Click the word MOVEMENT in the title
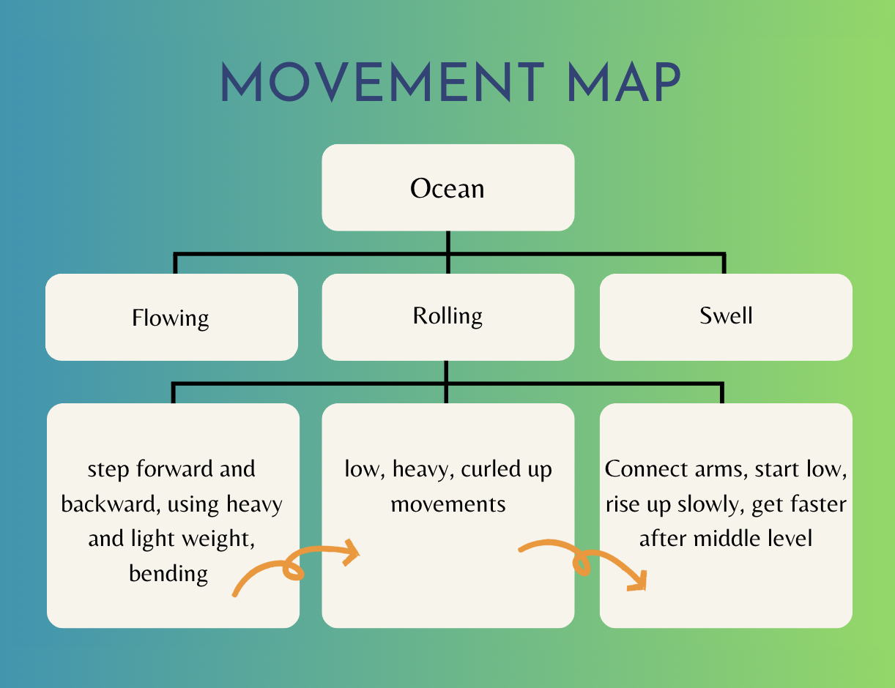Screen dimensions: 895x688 click(x=383, y=81)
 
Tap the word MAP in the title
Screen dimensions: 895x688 click(x=624, y=81)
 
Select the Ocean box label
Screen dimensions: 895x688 click(x=447, y=188)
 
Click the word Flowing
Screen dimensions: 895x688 click(x=170, y=318)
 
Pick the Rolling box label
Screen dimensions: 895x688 click(x=447, y=316)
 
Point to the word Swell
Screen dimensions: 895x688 click(x=726, y=315)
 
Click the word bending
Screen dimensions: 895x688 click(x=168, y=574)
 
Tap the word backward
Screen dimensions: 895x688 click(x=111, y=504)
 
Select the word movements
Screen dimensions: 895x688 click(x=448, y=504)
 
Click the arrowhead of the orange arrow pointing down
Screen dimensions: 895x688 click(x=638, y=582)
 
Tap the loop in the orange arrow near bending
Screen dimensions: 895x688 click(x=293, y=569)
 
